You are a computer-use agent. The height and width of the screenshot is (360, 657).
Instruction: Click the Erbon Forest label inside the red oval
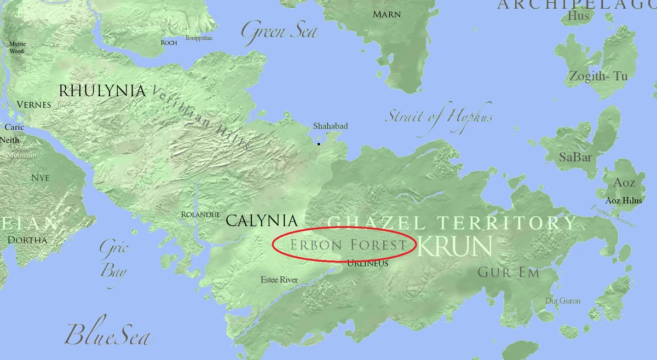349,245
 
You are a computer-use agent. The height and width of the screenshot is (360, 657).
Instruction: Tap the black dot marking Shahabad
319,144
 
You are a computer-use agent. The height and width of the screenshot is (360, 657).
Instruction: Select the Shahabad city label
330,126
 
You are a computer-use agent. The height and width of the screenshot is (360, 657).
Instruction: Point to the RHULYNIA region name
102,91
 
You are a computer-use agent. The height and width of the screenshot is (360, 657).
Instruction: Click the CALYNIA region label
262,221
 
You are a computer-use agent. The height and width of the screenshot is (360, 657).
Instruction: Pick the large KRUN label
454,247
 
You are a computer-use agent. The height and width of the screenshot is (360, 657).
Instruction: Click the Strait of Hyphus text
440,117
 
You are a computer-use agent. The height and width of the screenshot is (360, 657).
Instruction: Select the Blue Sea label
108,334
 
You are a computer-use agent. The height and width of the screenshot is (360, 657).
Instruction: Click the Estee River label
279,280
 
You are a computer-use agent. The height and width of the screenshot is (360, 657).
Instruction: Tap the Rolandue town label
200,214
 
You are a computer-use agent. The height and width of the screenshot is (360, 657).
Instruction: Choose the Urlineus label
368,264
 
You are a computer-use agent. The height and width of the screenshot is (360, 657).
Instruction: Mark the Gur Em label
509,272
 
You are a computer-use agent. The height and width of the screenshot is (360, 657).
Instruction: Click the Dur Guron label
562,301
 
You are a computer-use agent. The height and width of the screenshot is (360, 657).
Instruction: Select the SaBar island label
575,158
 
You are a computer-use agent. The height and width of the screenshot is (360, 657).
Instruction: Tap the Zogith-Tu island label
598,77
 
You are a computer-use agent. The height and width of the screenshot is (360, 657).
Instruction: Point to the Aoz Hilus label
624,201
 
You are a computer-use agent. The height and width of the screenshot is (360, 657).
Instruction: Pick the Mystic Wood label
17,48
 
